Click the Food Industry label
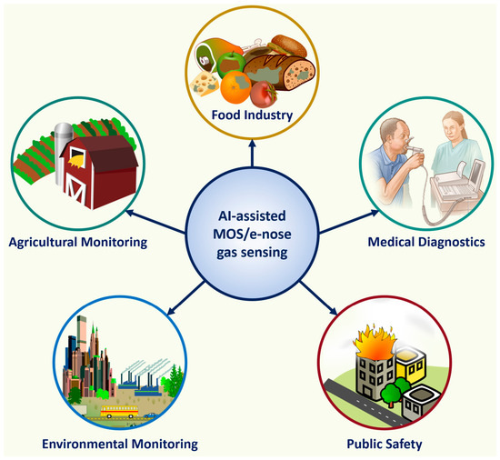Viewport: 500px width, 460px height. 252,115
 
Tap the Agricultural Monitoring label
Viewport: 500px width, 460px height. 78,243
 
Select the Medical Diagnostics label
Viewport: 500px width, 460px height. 426,242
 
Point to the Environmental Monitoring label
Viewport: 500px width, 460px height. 120,444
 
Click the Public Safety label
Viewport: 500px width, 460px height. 385,444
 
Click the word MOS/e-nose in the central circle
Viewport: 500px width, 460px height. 252,235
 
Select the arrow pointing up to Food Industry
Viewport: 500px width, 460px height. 252,153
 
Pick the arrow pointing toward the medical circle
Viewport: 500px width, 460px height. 349,222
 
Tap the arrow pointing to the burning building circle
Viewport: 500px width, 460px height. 318,298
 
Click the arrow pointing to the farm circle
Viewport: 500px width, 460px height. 155,221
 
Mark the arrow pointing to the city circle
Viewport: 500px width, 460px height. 185,298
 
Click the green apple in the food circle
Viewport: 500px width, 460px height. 231,65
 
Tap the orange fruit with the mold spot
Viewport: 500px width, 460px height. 236,87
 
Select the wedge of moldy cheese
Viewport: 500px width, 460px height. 205,83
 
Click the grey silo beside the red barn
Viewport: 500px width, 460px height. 63,153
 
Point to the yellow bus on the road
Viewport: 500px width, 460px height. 120,412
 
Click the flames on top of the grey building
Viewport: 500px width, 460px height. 375,342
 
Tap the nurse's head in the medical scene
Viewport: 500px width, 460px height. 453,123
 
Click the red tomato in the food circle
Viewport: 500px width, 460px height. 264,94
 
